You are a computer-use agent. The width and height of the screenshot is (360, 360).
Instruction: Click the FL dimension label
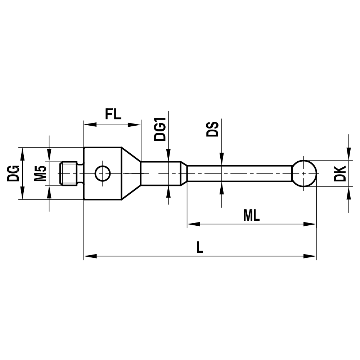point(113,114)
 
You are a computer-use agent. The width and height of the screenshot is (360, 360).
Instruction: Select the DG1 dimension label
point(159,129)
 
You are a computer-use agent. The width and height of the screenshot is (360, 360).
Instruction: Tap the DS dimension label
point(212,129)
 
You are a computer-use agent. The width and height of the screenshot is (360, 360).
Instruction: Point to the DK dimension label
point(340,174)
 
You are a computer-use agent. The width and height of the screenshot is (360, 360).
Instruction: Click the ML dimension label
point(251,216)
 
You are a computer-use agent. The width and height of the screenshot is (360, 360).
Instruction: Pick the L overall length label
point(200,247)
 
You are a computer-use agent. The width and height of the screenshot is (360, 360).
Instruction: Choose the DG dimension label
point(13,173)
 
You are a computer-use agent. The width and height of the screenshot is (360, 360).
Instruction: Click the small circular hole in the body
point(102,174)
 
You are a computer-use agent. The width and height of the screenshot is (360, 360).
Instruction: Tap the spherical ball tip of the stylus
point(304,174)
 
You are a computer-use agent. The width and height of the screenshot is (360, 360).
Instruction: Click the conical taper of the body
point(130,174)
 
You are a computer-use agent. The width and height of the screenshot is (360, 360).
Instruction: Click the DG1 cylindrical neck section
point(160,174)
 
